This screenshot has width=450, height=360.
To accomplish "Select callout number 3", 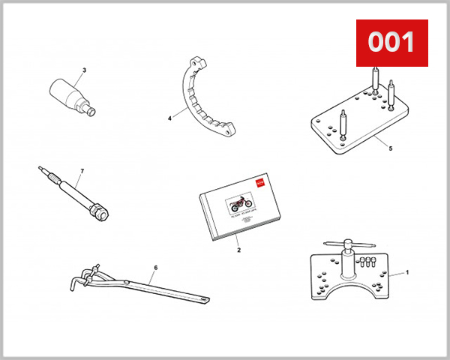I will coord(84,70).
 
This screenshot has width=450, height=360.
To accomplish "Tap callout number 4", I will coord(169,118).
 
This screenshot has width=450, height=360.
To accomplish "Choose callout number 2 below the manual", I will coord(238,250).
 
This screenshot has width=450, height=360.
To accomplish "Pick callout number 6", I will coord(155,267).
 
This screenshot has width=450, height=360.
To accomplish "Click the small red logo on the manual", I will coord(260,181).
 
